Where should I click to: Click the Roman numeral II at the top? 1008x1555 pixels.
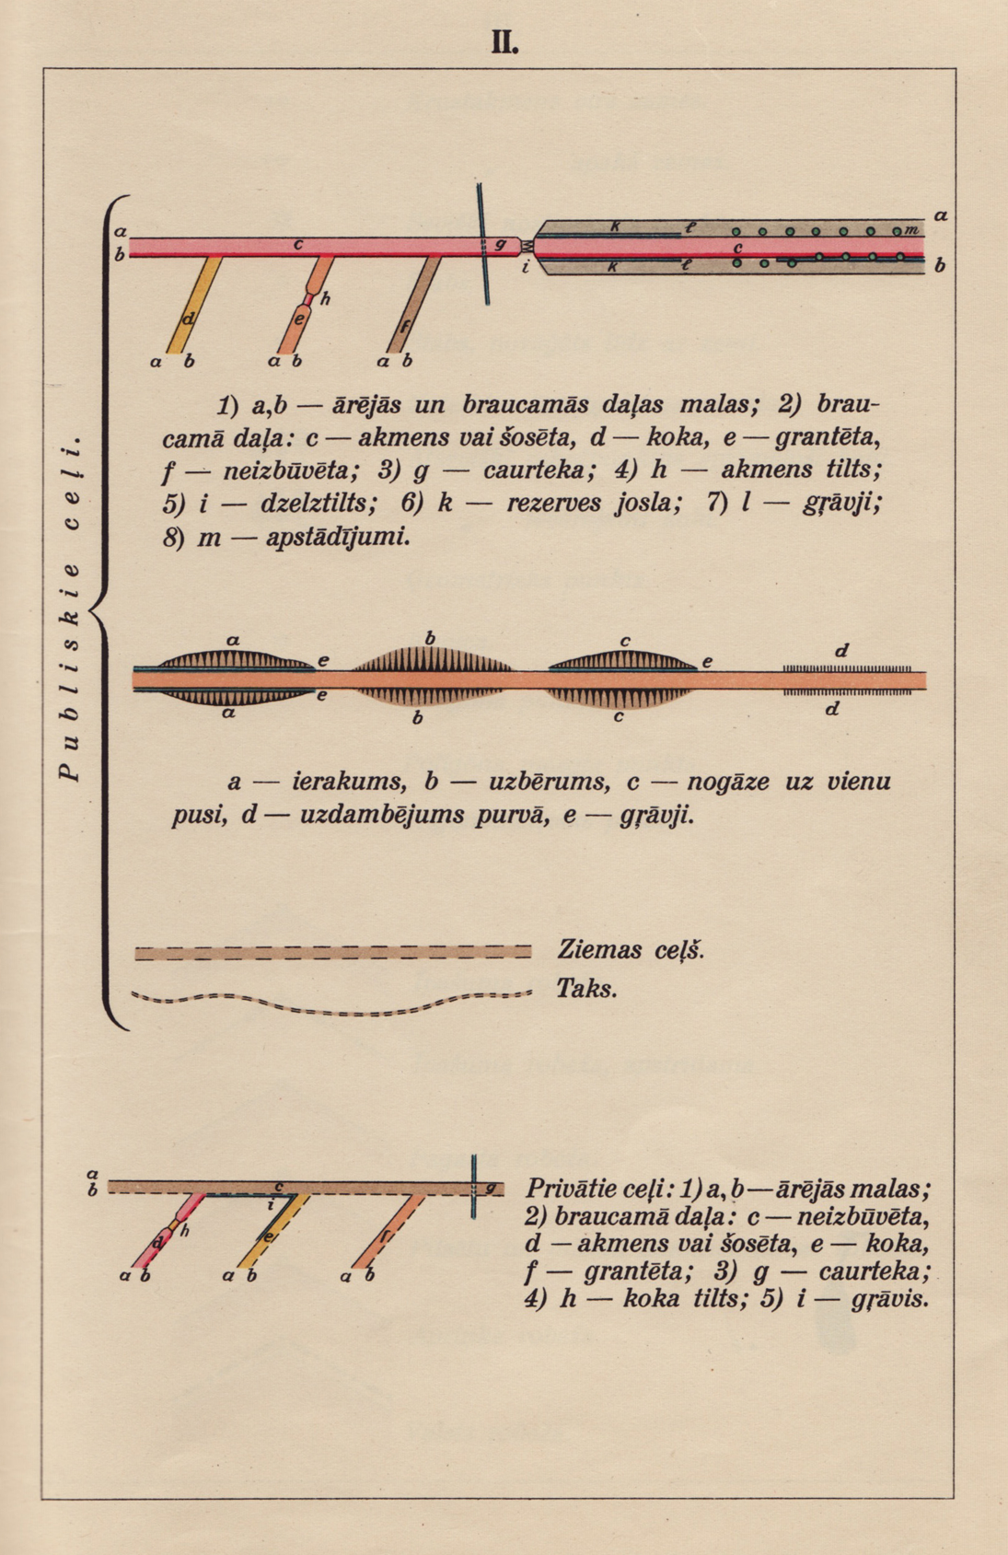point(504,41)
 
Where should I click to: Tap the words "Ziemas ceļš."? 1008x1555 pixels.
point(631,949)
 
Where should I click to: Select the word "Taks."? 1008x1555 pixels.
point(585,989)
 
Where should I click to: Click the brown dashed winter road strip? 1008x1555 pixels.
point(331,952)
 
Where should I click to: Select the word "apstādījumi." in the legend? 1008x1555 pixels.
point(337,538)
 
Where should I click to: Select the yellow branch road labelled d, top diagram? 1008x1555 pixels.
point(194,304)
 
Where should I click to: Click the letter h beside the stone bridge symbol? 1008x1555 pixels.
point(326,298)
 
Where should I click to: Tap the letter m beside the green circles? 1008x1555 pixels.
point(911,229)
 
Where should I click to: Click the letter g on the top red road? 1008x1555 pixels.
point(500,244)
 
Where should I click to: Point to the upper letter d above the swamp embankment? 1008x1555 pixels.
point(840,651)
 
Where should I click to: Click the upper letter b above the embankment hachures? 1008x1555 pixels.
point(430,638)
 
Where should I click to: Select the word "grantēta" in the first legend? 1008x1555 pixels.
point(824,436)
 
